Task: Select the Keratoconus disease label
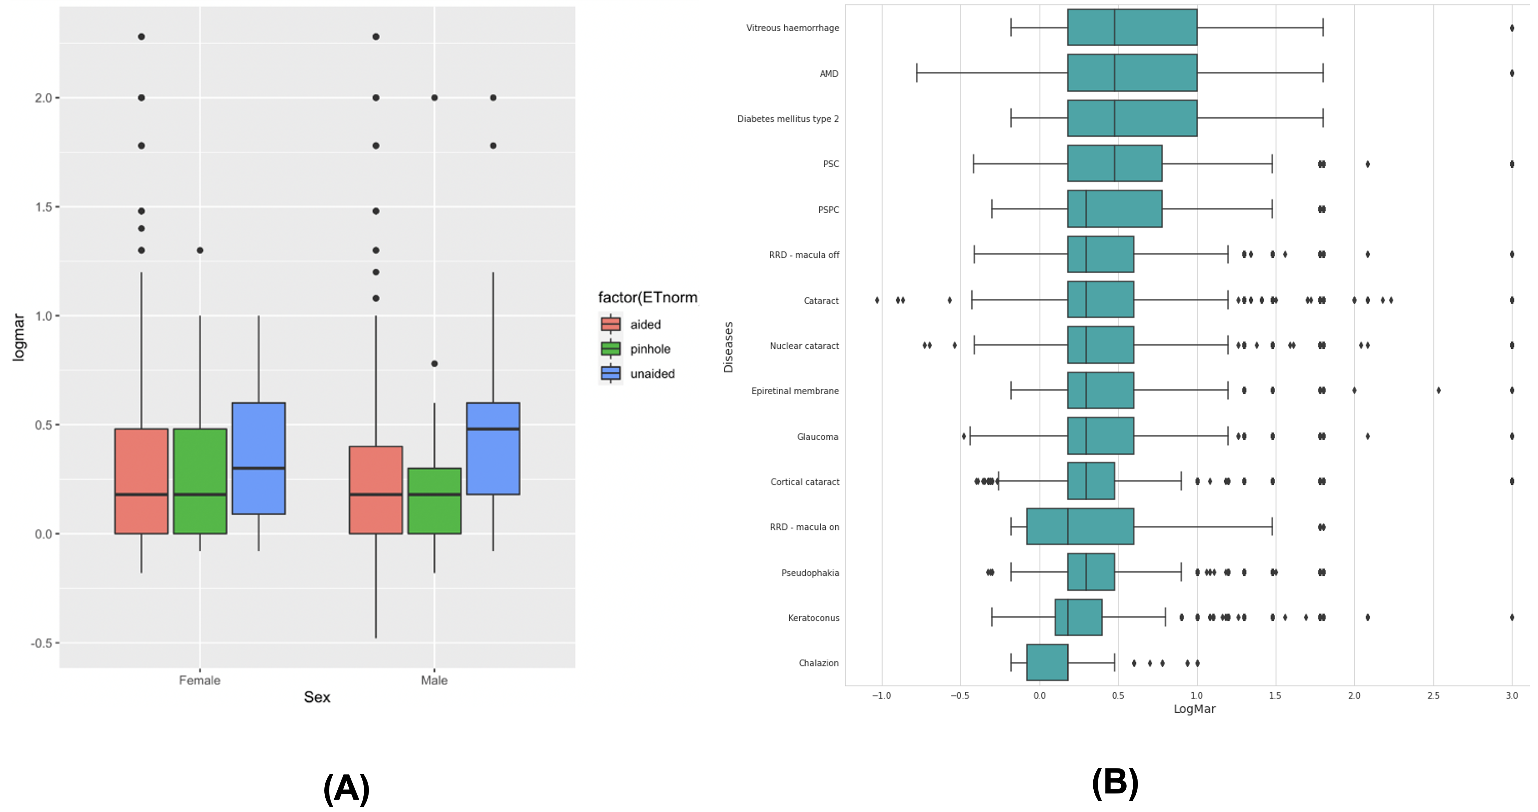(813, 618)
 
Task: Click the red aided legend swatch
(610, 324)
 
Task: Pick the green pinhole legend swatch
(610, 349)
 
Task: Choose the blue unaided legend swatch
(610, 373)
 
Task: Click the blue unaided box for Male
(493, 449)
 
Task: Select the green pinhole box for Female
(200, 481)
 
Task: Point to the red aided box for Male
(375, 490)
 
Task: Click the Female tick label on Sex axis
(200, 680)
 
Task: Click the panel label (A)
(346, 788)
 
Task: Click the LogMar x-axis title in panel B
(1194, 709)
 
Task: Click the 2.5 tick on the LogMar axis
(1433, 695)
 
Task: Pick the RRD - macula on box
(1080, 527)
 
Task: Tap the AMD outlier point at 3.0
(1512, 73)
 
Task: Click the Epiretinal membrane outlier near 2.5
(1438, 391)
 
